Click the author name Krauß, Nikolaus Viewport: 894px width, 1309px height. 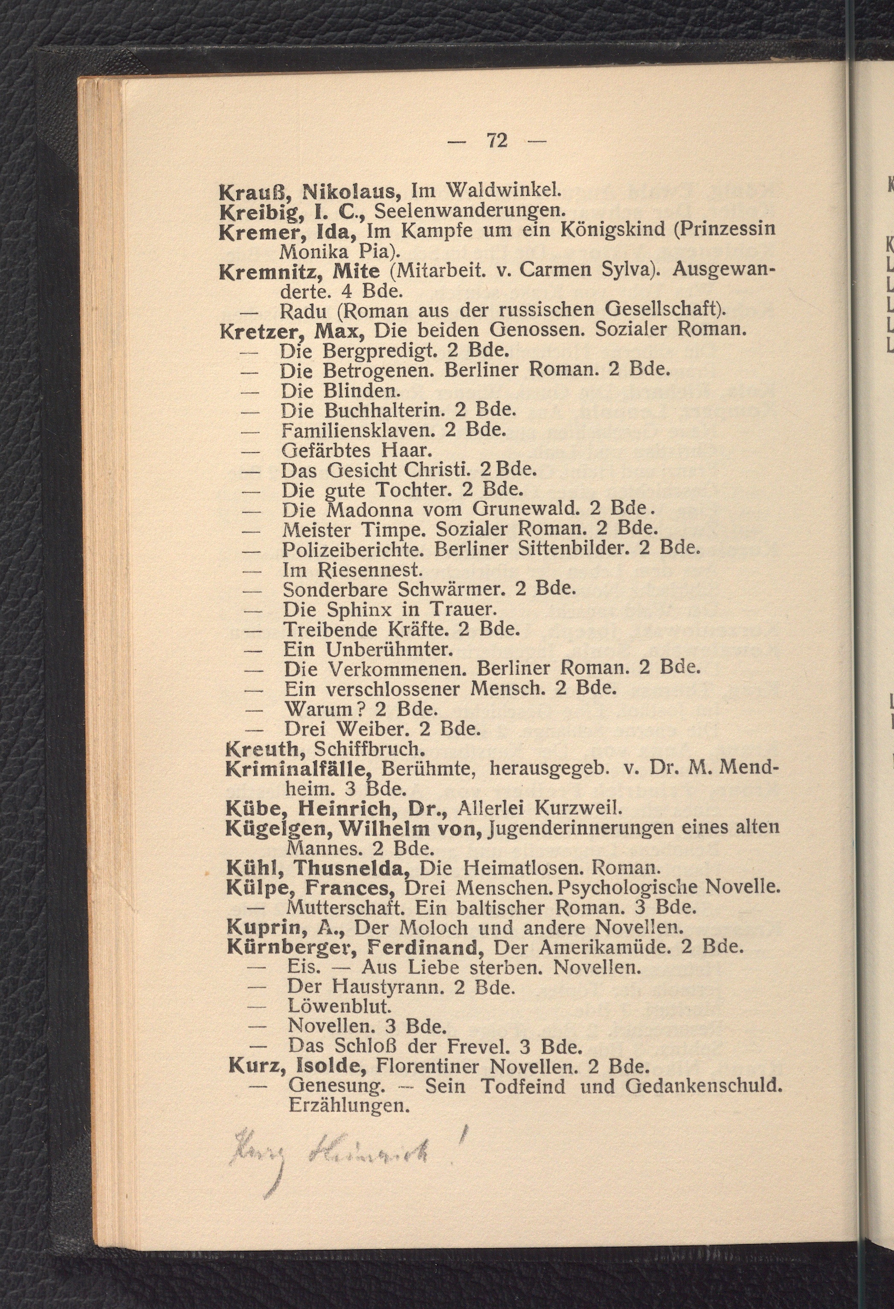[309, 192]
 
